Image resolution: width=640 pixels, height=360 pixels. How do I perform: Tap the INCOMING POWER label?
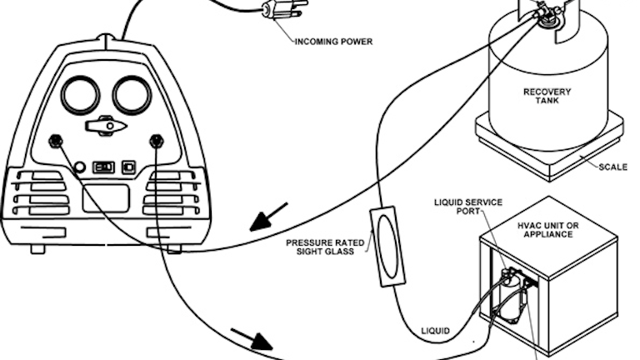click(x=333, y=41)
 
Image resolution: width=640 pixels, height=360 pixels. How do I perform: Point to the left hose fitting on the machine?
click(x=57, y=140)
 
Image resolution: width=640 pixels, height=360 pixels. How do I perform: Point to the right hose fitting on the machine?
click(x=156, y=140)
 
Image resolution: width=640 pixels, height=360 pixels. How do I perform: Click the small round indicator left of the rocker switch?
click(x=80, y=166)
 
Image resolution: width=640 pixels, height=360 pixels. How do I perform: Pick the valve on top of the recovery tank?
click(x=547, y=14)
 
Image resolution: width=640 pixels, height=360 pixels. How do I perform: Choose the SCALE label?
click(x=612, y=167)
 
